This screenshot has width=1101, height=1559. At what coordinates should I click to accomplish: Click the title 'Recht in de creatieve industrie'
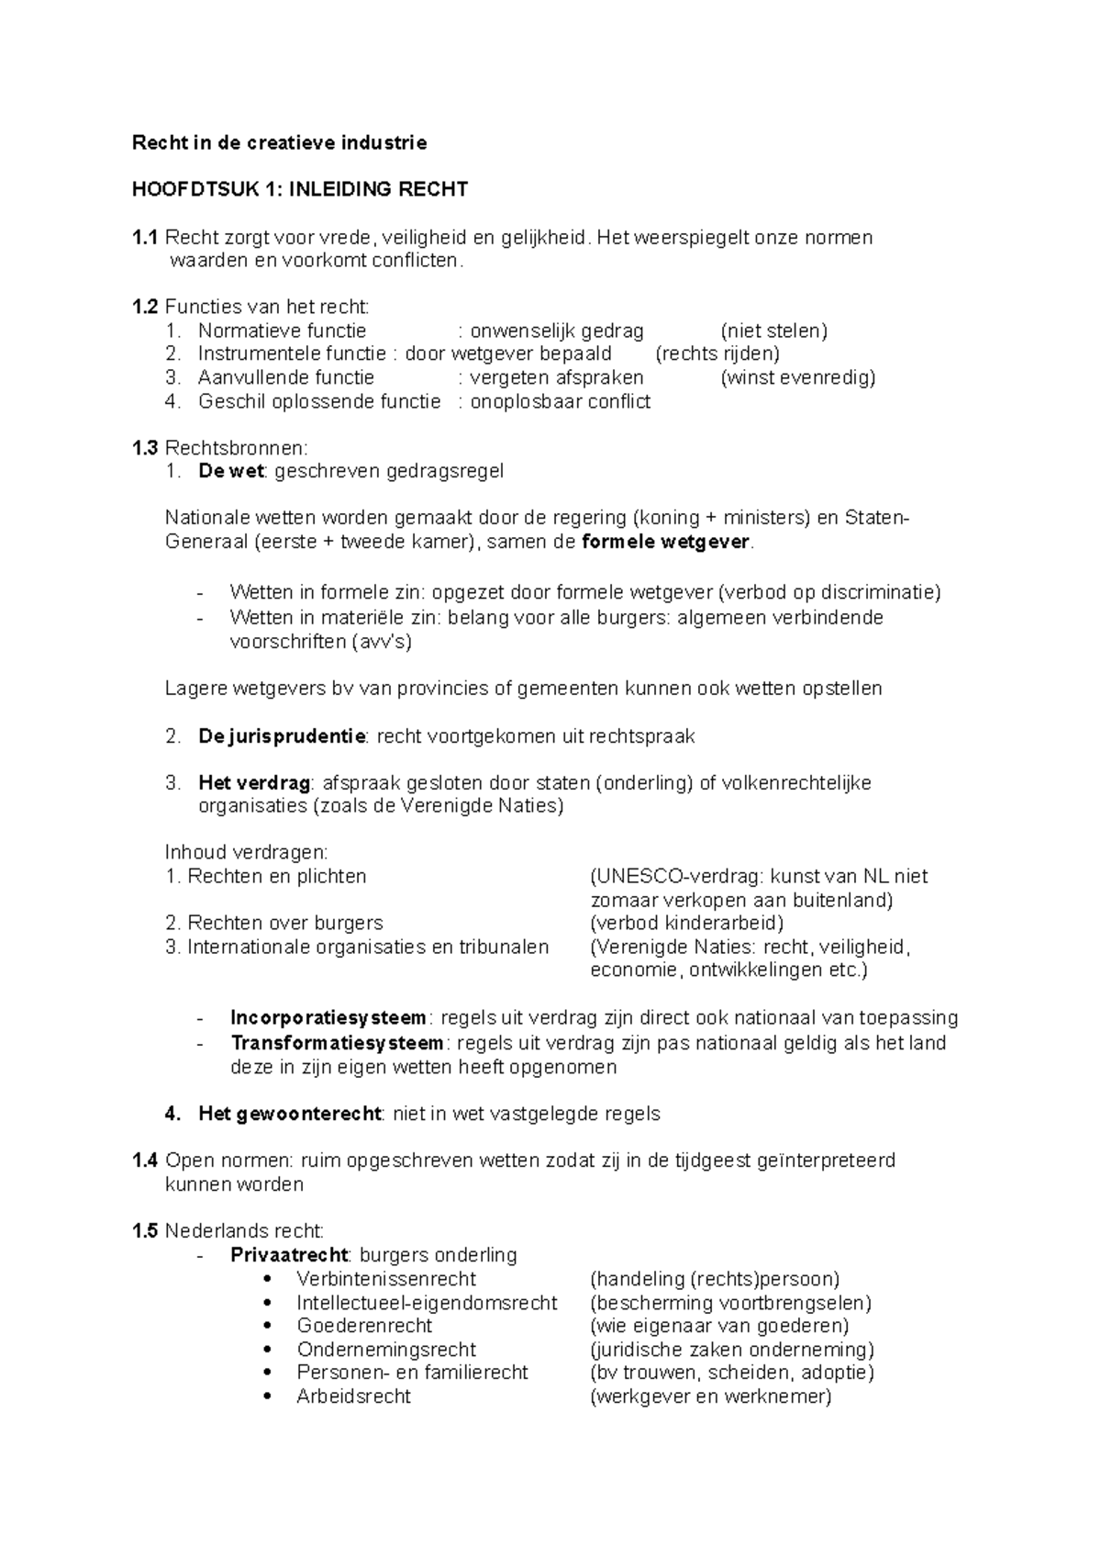(279, 142)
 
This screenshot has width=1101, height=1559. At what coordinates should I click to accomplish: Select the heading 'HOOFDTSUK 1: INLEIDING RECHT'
(300, 189)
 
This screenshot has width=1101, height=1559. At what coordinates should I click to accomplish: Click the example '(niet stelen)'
(773, 331)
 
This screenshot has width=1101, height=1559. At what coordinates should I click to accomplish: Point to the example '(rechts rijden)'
(717, 353)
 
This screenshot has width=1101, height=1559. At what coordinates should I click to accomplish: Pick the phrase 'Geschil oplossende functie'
(319, 401)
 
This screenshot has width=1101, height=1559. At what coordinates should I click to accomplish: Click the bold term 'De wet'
(231, 471)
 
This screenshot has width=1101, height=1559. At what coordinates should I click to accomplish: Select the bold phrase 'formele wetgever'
(665, 542)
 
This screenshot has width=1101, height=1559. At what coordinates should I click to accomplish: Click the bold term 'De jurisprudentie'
(282, 736)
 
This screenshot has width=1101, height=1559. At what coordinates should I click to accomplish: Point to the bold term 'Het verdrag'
(254, 783)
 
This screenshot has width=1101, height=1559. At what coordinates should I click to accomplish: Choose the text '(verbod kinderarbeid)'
(686, 923)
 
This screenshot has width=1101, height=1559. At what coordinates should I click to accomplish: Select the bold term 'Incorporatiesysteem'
(328, 1017)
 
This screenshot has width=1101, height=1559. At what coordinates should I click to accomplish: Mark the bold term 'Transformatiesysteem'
(337, 1043)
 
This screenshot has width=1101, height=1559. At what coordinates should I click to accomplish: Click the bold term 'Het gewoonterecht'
(289, 1114)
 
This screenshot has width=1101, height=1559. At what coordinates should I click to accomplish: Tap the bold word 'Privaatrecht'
(289, 1255)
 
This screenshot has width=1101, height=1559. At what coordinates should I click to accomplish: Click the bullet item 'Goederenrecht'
(364, 1326)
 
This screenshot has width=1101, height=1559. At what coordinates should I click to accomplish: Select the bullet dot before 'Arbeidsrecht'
(267, 1396)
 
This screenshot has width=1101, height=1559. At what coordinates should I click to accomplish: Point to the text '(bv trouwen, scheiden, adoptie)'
(732, 1373)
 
